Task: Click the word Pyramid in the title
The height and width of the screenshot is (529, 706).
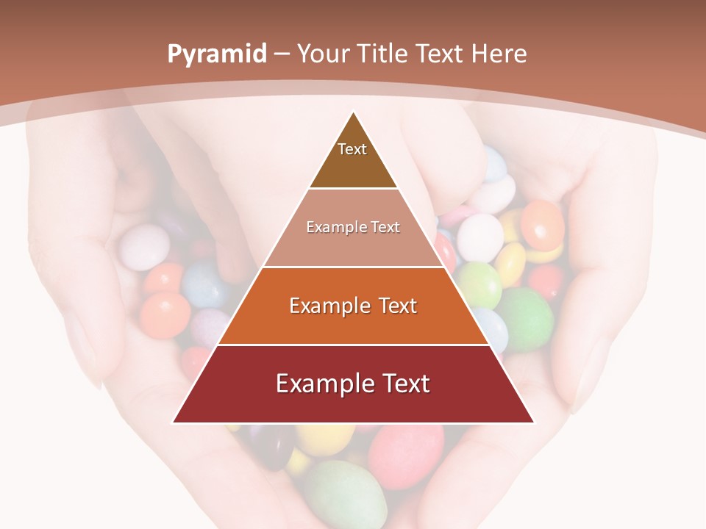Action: (216, 54)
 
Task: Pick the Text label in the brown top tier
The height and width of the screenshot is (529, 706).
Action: (352, 149)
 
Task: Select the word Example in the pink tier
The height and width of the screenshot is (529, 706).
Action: (330, 227)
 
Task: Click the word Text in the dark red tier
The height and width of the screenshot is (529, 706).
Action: (401, 384)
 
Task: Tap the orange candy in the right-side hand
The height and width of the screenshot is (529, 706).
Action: (542, 224)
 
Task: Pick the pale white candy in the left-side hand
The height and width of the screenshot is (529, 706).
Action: (144, 246)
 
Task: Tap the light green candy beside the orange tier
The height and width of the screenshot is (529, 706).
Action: (479, 285)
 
